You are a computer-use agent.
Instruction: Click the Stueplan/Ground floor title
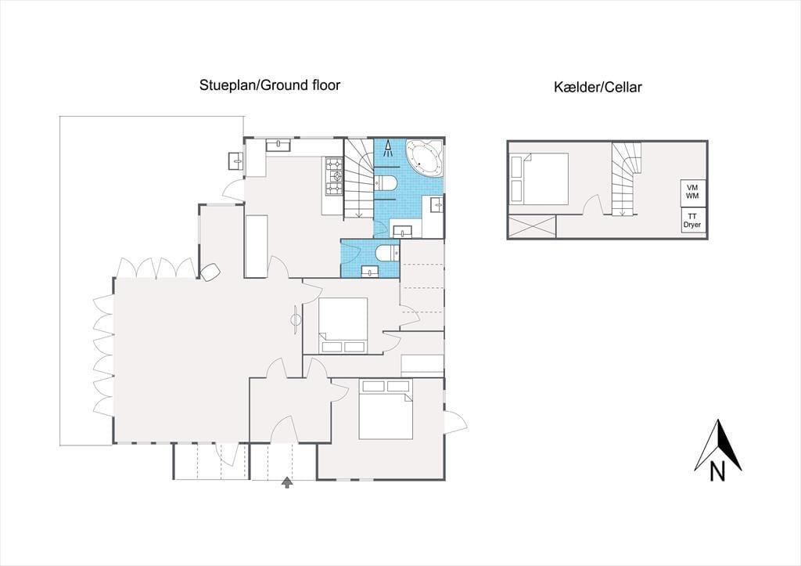(x=270, y=85)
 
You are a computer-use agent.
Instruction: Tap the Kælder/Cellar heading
(x=598, y=87)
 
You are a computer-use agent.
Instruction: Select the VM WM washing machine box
(x=692, y=192)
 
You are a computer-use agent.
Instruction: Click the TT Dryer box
(x=692, y=220)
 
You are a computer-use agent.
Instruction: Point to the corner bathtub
(x=424, y=158)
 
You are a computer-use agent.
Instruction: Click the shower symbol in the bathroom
(x=388, y=148)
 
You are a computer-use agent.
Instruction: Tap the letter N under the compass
(x=717, y=471)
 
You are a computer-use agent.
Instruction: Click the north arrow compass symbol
(x=718, y=445)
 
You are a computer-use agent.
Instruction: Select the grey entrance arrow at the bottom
(x=288, y=482)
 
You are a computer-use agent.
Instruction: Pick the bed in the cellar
(x=540, y=178)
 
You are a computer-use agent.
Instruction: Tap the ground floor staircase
(x=358, y=179)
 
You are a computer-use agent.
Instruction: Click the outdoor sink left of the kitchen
(x=236, y=160)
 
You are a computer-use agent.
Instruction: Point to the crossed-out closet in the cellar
(x=532, y=226)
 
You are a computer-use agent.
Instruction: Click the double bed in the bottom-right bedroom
(x=386, y=409)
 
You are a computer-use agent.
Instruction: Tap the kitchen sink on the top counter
(x=278, y=144)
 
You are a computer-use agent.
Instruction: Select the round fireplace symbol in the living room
(x=296, y=320)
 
